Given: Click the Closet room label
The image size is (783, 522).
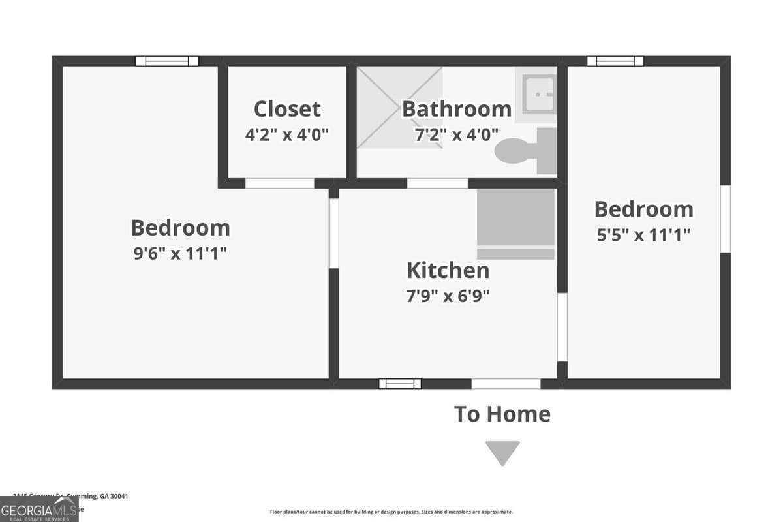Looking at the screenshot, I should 287,108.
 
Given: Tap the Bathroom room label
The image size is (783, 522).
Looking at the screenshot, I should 456,108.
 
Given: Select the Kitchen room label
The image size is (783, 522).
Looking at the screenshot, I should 448,270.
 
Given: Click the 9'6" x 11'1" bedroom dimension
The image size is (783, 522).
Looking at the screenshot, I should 180,253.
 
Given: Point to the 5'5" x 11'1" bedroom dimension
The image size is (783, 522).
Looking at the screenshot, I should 643,234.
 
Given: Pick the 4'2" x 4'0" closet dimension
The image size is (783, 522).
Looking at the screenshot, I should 287,134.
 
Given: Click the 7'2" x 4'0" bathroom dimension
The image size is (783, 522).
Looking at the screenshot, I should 457,134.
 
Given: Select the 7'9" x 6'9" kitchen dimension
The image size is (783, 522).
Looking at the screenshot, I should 448,296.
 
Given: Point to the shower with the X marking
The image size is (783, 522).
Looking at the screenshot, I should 399,107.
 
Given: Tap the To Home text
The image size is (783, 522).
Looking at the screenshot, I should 502,414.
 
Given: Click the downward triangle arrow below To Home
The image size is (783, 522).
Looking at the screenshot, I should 502,452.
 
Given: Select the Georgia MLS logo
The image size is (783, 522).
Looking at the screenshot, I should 39,509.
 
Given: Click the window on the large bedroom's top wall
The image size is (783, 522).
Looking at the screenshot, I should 166,61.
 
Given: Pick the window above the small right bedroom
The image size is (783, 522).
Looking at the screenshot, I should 615,61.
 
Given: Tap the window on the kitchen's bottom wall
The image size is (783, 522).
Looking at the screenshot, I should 400,384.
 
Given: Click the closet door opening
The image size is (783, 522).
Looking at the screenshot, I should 279,183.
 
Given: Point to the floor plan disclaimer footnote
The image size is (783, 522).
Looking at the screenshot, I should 391,512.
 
